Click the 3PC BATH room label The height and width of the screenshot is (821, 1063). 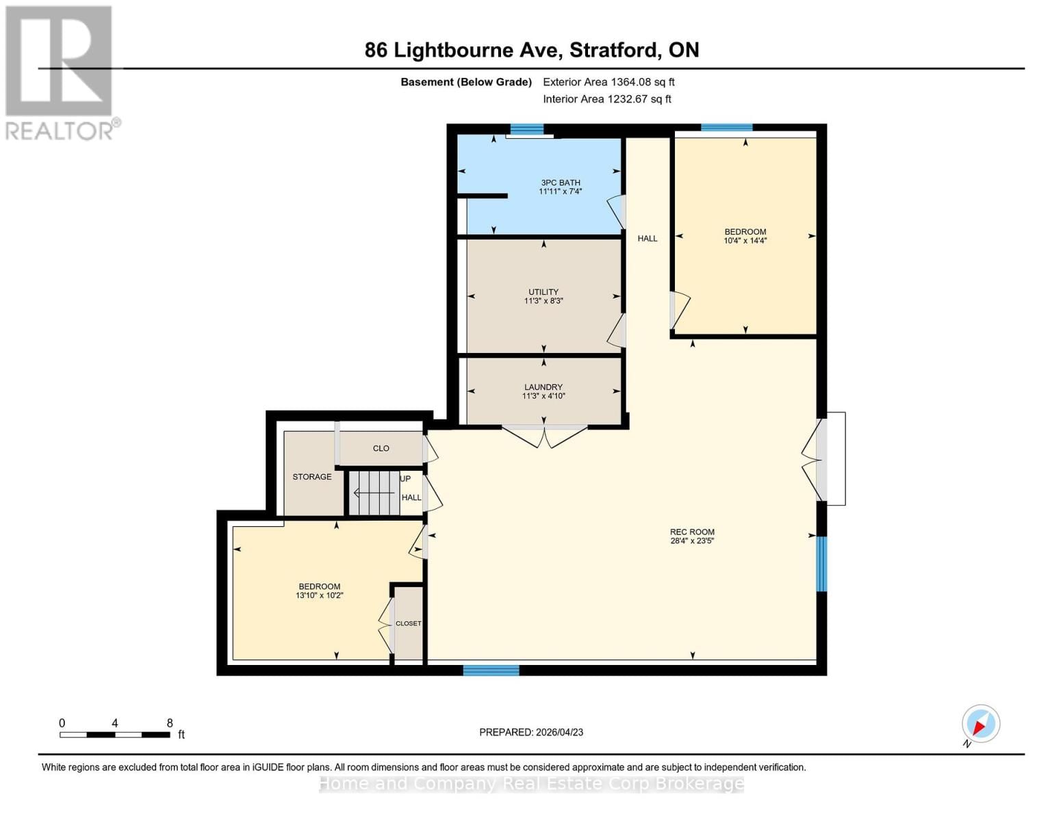click(560, 183)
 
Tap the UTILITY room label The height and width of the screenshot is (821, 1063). click(543, 292)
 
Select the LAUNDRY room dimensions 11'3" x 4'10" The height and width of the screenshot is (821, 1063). click(543, 396)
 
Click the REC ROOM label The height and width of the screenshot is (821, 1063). click(692, 532)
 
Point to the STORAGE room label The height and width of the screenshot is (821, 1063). click(311, 477)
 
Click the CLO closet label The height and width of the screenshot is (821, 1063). click(381, 449)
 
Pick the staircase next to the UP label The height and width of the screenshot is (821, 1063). click(374, 493)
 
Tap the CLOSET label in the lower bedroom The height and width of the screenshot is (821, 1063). click(408, 623)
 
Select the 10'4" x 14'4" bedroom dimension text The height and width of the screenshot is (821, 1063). click(745, 241)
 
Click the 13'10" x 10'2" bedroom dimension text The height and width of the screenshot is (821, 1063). click(319, 596)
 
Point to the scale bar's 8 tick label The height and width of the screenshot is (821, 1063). click(170, 723)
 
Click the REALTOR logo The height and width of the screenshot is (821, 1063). click(60, 73)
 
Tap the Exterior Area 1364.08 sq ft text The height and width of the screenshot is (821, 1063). click(609, 82)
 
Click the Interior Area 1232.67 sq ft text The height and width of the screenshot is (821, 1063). click(606, 99)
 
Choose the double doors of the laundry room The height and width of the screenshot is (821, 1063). click(544, 436)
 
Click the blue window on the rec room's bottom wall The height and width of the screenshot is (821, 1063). click(491, 670)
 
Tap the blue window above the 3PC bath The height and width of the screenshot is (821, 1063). click(526, 129)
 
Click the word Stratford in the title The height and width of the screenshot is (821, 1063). click(615, 50)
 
